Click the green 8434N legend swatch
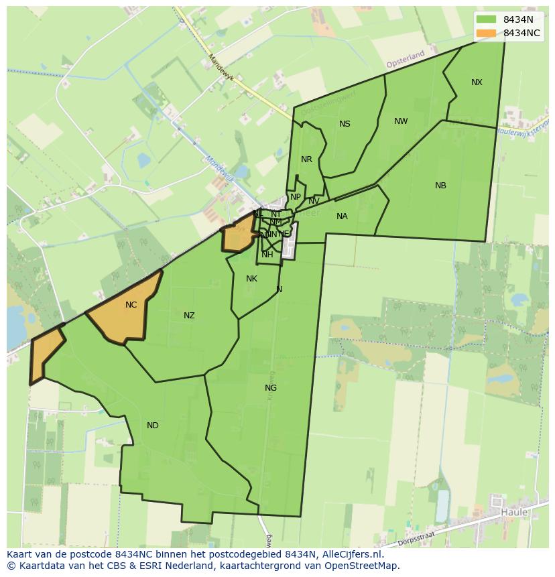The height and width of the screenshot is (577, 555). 486,20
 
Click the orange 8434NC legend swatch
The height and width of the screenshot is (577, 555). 486,33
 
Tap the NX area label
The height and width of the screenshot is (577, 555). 477,82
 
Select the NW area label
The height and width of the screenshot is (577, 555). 401,121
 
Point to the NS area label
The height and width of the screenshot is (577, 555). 345,124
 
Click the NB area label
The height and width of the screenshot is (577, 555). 440,186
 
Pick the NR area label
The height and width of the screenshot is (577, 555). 306,159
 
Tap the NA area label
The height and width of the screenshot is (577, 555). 342,216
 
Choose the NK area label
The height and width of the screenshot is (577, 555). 251,279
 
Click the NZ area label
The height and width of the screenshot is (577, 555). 189,316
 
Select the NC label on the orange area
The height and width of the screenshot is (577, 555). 131,305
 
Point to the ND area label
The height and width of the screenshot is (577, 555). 153,426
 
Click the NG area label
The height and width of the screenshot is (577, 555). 271,388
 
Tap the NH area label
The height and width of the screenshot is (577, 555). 267,255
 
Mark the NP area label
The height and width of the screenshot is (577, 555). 295,197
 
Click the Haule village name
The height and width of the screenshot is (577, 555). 514,513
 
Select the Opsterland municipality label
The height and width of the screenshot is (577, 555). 406,59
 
